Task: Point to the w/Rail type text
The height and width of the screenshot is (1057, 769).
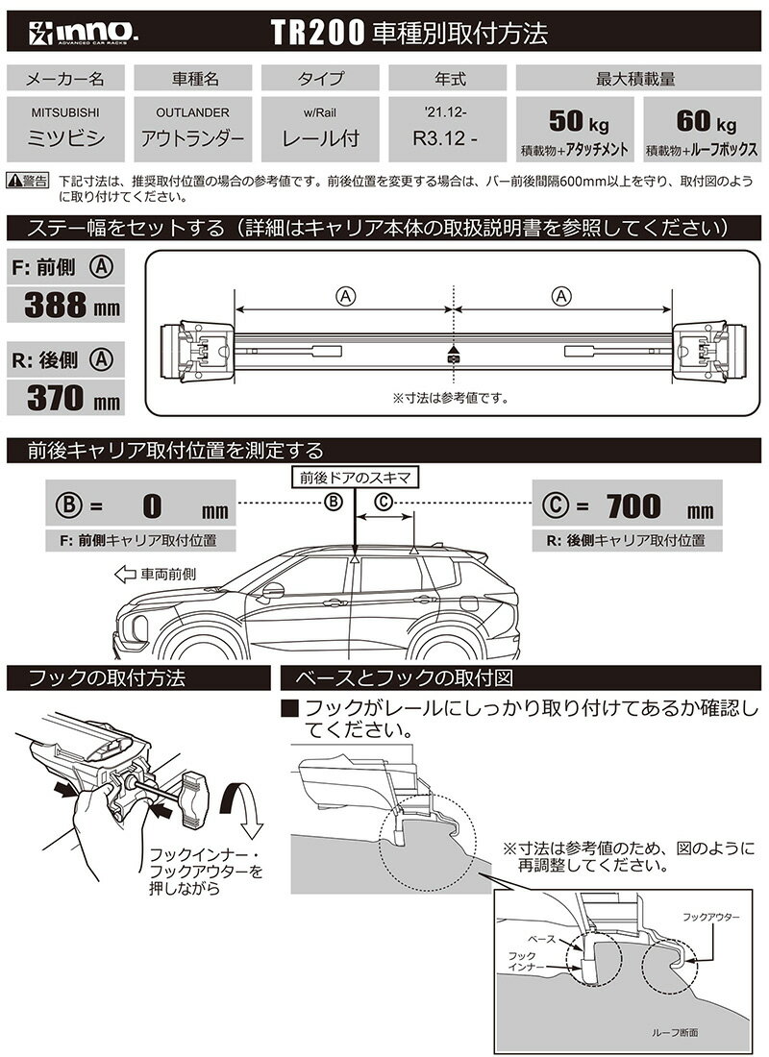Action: pos(320,112)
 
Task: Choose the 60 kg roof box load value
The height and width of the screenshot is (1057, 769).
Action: pos(704,123)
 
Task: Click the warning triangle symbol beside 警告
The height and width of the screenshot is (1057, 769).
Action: pos(14,180)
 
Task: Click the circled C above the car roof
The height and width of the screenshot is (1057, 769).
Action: pos(383,501)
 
